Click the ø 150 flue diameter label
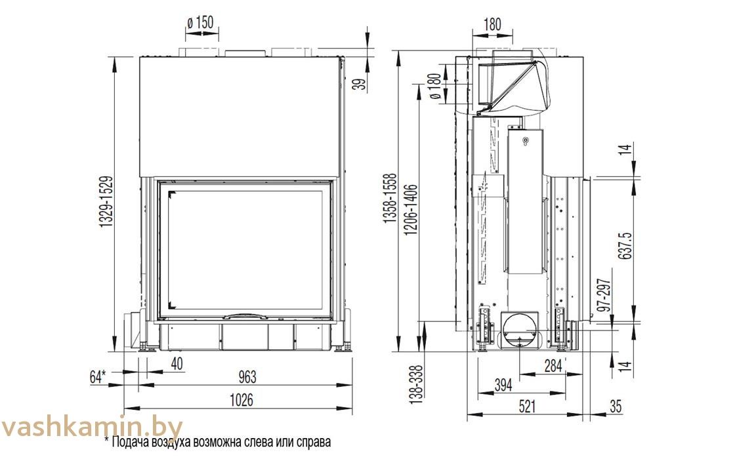point(200,22)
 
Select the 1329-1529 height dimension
point(106,202)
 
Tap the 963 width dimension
point(247,376)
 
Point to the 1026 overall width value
point(241,400)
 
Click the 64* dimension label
point(98,376)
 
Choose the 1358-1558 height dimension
point(390,198)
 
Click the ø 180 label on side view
point(435,87)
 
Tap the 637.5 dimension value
point(625,246)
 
